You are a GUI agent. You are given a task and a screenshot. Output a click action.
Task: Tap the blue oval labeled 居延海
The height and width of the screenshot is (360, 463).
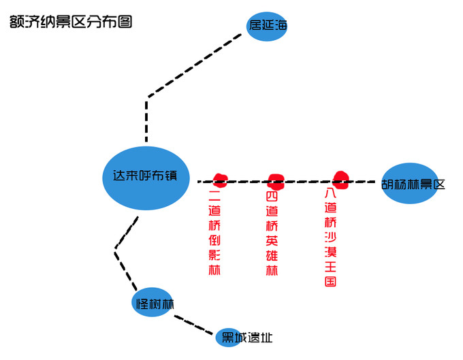(x=267, y=26)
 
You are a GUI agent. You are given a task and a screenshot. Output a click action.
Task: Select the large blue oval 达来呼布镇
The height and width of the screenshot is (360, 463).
(x=145, y=176)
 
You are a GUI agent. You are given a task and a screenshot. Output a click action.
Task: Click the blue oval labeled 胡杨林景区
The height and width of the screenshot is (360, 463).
(x=411, y=183)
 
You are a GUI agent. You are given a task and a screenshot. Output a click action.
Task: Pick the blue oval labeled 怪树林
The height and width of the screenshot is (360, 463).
(x=153, y=303)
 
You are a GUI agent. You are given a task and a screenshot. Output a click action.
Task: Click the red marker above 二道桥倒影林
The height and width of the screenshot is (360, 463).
(x=219, y=180)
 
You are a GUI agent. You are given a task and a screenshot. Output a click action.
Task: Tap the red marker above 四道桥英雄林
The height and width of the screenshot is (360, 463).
(x=275, y=180)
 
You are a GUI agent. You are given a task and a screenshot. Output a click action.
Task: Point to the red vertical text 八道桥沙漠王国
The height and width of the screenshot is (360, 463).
(x=331, y=237)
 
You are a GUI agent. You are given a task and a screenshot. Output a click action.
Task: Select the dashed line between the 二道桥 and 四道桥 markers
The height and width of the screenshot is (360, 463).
(x=247, y=182)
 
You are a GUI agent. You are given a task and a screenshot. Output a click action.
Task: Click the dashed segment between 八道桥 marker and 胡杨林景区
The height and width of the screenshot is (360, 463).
(x=364, y=182)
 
